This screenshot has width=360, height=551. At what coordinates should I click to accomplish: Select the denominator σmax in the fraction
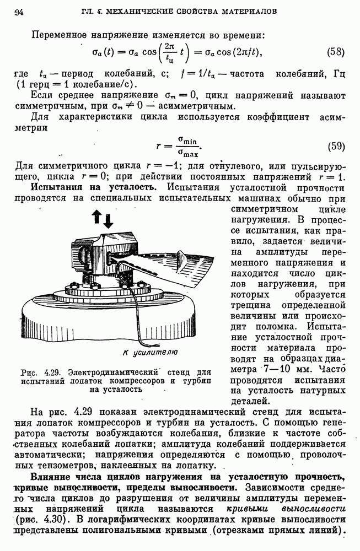pos(186,152)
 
